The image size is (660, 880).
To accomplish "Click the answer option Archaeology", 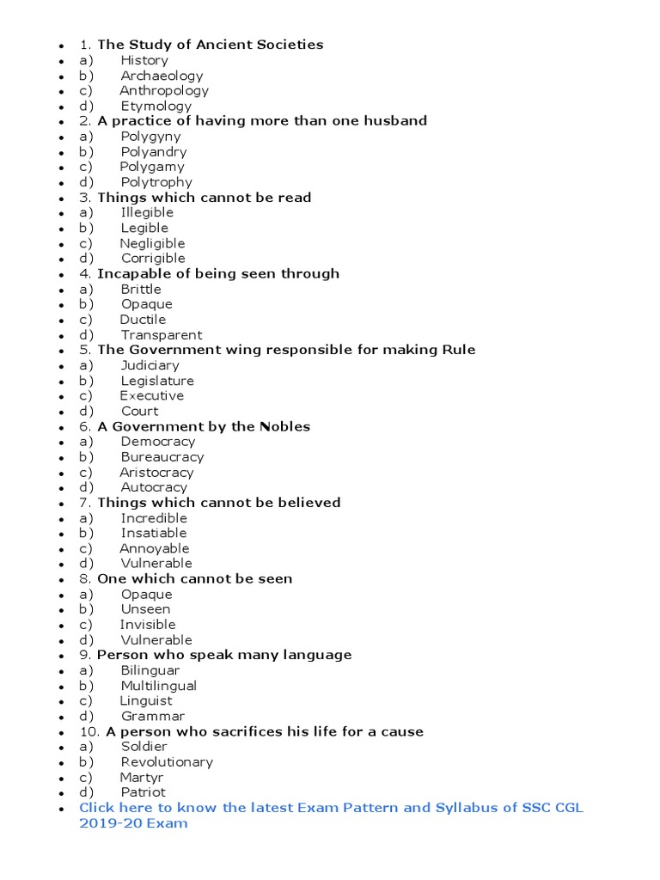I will coord(162,76).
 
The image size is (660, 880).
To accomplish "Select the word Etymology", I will coord(156,106).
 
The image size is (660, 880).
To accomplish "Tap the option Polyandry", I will coord(153,151).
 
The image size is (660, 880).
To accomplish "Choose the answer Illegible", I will coord(147,212).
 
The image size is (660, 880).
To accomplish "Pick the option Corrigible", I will coord(153,258).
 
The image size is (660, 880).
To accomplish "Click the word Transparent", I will coord(161,334).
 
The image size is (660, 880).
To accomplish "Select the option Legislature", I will coord(157,381).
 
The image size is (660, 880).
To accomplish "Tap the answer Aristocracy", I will coord(156,472).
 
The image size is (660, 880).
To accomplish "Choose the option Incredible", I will coord(154,518).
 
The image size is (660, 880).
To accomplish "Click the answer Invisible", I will coord(148,625).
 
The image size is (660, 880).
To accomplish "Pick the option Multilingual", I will coord(158,686).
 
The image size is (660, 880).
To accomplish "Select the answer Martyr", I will coord(142,777).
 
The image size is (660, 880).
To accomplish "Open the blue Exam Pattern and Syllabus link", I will coord(331,808).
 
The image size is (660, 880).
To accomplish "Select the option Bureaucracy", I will coord(162,457).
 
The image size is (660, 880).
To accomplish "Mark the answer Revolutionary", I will coord(167,761).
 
